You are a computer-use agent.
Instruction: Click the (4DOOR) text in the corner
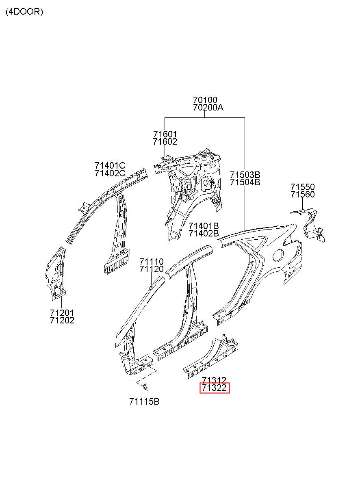click(24, 12)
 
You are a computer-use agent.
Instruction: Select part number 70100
click(205, 100)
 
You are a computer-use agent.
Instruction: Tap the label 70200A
click(208, 108)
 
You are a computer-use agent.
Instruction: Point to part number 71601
click(165, 134)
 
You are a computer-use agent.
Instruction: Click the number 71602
click(165, 142)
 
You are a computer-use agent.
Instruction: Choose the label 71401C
click(110, 165)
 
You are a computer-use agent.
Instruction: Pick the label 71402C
click(110, 173)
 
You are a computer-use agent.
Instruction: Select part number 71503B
click(245, 175)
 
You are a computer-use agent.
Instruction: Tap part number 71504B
click(245, 182)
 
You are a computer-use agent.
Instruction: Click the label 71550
click(303, 187)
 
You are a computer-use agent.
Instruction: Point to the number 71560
click(303, 194)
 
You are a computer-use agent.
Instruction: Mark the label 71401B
click(204, 226)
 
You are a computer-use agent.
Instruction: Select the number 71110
click(152, 262)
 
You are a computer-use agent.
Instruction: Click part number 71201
click(62, 313)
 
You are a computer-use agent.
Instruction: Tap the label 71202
click(62, 321)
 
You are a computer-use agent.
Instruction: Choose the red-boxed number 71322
click(214, 388)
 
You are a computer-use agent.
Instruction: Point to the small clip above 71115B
click(145, 387)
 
